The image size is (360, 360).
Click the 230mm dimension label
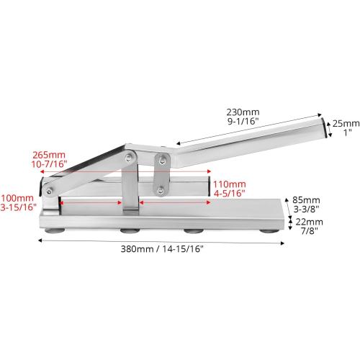[243, 112]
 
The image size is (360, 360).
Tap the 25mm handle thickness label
[346, 124]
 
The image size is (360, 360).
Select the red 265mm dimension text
[49, 155]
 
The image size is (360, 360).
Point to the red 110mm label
[230, 184]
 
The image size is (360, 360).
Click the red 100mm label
[17, 198]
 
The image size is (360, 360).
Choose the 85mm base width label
[306, 200]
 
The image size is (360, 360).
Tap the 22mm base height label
[309, 222]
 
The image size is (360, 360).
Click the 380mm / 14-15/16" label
[162, 249]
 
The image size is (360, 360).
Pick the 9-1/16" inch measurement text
[243, 121]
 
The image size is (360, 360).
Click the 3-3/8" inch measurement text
[306, 209]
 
